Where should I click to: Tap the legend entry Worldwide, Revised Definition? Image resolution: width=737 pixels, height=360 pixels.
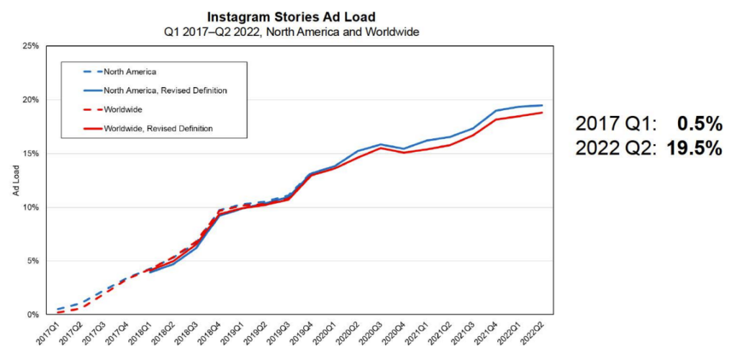tap(160, 128)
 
